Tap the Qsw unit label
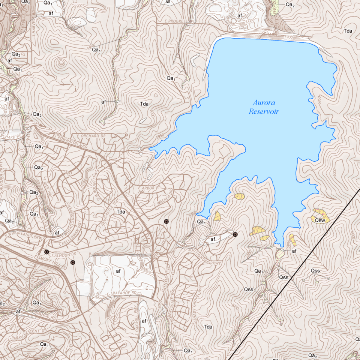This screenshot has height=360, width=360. [x=319, y=220]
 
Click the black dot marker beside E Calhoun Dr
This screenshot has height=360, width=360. [x=46, y=252]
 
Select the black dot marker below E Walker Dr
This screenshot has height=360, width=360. [x=166, y=222]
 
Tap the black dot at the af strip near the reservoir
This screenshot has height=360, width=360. [x=235, y=234]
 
